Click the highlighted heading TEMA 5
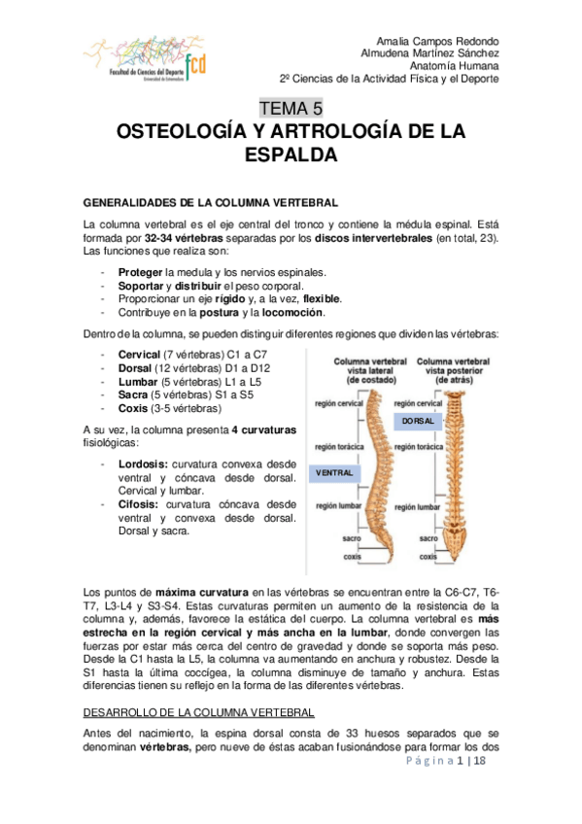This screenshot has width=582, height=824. click(x=291, y=108)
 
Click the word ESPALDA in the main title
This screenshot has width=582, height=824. click(x=291, y=154)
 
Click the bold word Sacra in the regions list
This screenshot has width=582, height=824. click(x=134, y=395)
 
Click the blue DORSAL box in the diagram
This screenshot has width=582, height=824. click(x=418, y=422)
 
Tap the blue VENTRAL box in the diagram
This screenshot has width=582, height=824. click(x=333, y=472)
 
